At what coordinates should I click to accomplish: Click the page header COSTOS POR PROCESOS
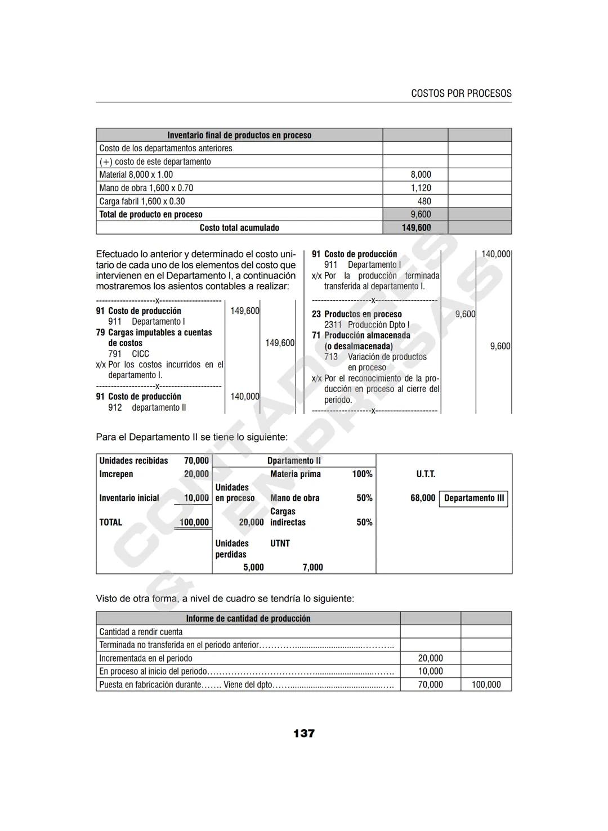(x=461, y=93)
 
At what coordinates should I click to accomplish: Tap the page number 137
(x=303, y=733)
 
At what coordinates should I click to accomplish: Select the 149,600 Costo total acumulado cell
(x=416, y=228)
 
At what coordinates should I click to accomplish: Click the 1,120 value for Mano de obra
(x=421, y=188)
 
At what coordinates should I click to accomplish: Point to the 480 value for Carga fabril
(x=424, y=201)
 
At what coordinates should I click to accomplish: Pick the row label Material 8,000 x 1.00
(x=136, y=175)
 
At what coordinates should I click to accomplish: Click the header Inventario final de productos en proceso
(x=239, y=135)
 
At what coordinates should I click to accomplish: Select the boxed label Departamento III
(x=473, y=498)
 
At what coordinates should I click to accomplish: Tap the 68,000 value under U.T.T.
(x=423, y=498)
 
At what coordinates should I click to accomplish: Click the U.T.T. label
(x=426, y=474)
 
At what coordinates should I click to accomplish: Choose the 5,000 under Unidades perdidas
(x=253, y=567)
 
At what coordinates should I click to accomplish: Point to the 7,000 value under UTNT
(x=312, y=567)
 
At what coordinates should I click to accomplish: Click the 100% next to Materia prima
(x=362, y=474)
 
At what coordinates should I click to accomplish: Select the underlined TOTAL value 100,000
(x=194, y=523)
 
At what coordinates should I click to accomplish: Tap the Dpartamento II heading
(x=294, y=461)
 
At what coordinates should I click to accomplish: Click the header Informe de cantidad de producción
(x=248, y=618)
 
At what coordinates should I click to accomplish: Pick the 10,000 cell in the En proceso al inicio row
(x=430, y=671)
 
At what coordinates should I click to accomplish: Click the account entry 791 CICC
(x=128, y=354)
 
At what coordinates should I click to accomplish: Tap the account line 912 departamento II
(x=147, y=407)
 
